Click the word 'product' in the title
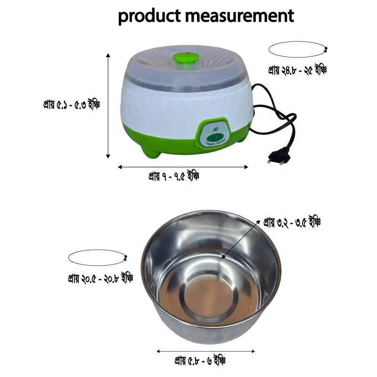(x=149, y=16)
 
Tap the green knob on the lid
(x=185, y=58)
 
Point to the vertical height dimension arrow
(x=108, y=106)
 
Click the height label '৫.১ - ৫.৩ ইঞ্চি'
(x=71, y=104)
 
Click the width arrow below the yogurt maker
(x=183, y=166)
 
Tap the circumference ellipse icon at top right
(x=297, y=49)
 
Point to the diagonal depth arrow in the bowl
(x=240, y=238)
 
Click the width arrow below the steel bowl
(x=205, y=351)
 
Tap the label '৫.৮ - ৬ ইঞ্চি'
(x=200, y=362)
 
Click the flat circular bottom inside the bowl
(x=208, y=302)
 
